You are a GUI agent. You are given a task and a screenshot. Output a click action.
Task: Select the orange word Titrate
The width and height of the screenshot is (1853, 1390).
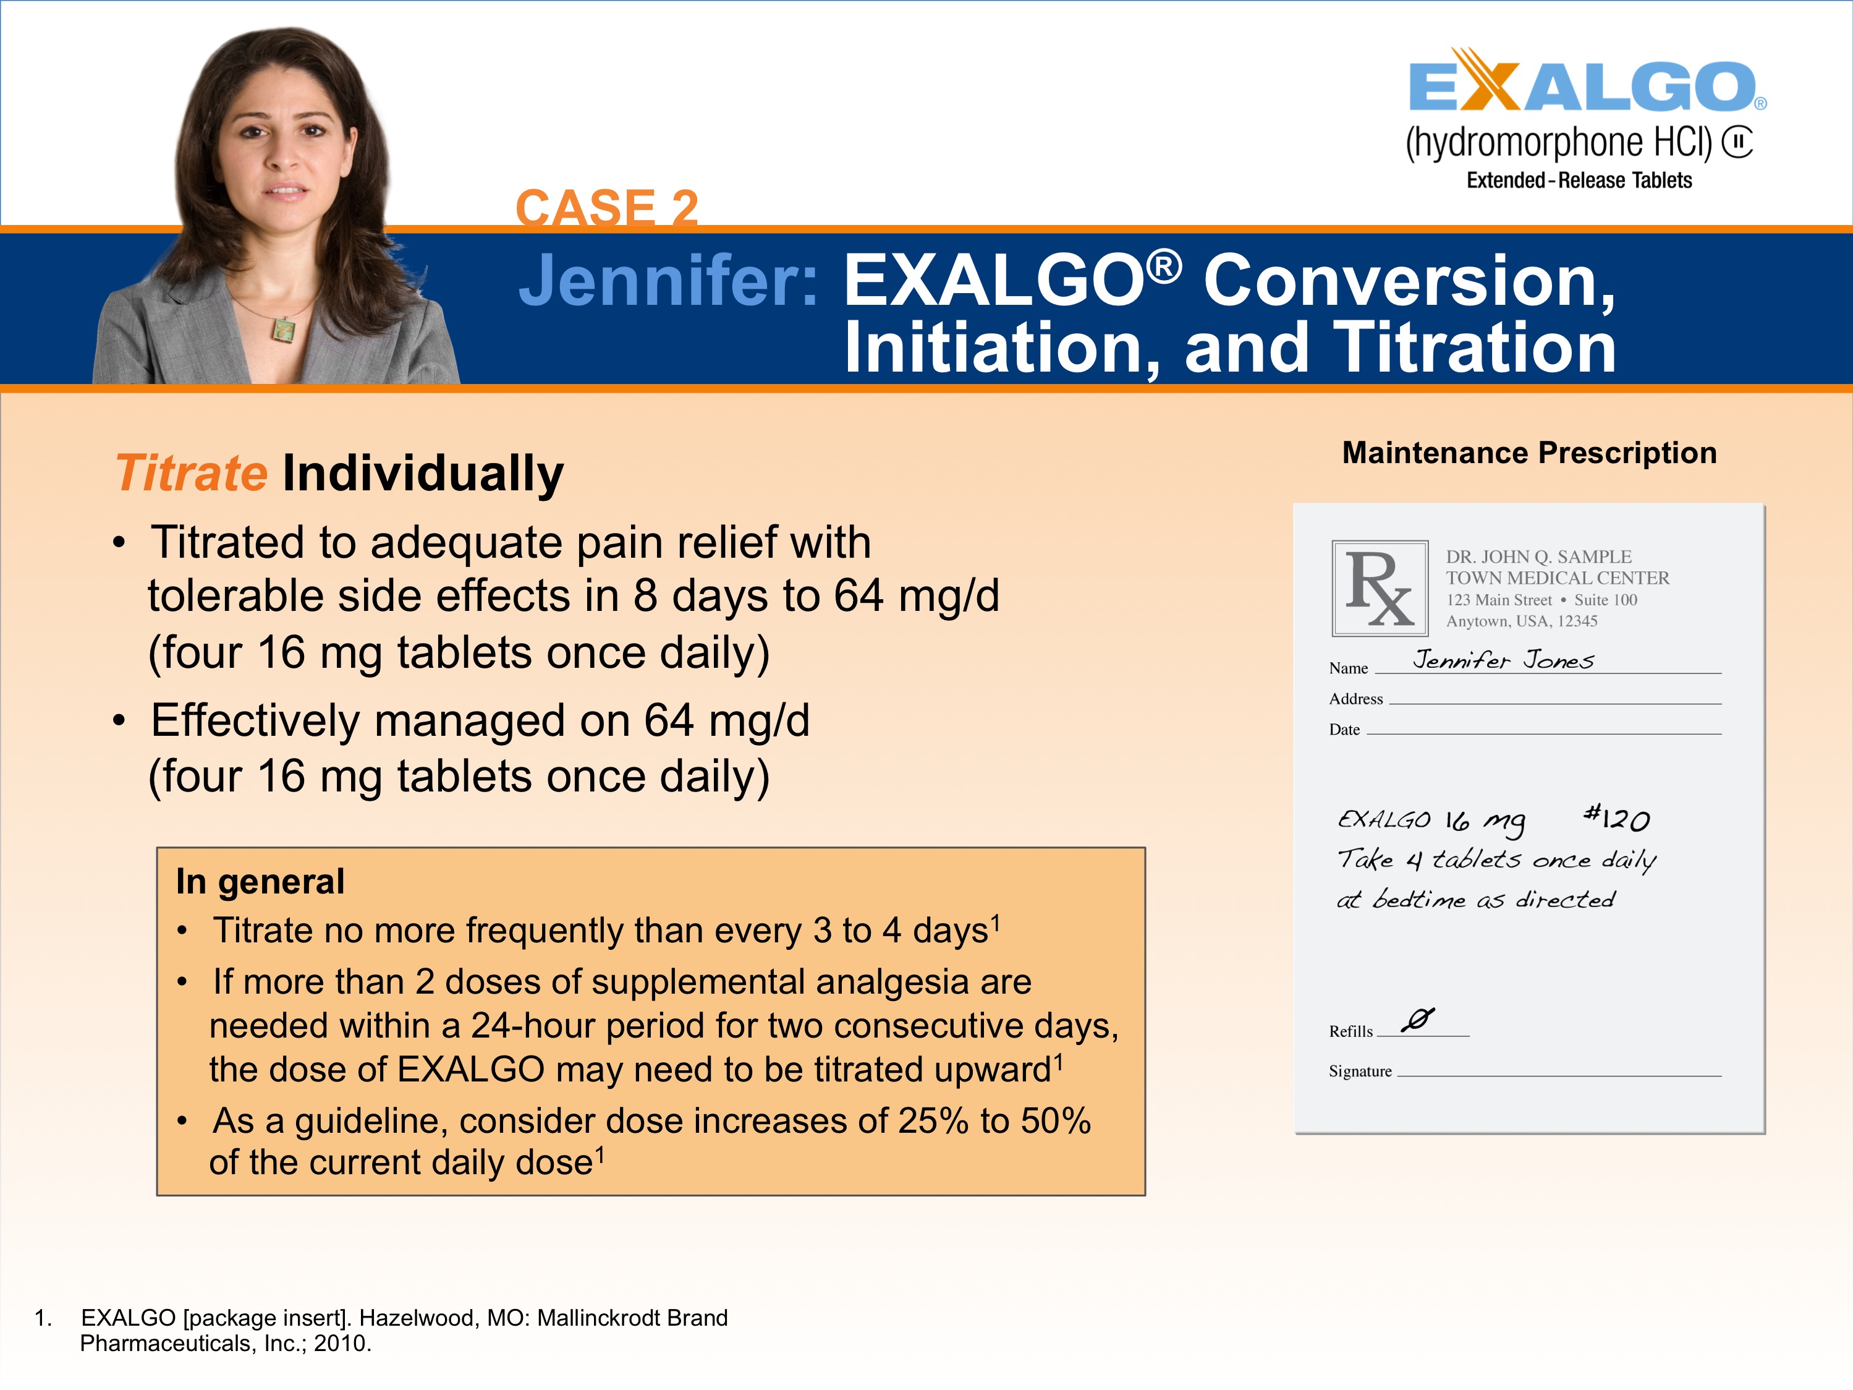pos(191,474)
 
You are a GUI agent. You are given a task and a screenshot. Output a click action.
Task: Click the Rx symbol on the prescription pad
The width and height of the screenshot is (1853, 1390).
pos(1380,588)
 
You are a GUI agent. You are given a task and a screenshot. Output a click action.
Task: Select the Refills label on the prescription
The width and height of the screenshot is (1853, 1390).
pos(1351,1031)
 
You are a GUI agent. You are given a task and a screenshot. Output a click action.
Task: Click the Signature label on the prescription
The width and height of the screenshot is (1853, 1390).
pos(1360,1071)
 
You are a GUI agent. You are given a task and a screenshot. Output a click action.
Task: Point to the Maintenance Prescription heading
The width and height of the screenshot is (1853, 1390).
pos(1529,453)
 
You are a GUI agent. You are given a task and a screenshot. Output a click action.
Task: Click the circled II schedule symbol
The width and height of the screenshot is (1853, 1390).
pos(1737,142)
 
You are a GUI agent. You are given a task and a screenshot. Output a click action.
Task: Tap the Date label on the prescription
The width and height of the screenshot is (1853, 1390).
pos(1344,730)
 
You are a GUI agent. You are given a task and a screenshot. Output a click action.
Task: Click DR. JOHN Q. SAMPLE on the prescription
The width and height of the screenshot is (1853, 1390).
pos(1538,557)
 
